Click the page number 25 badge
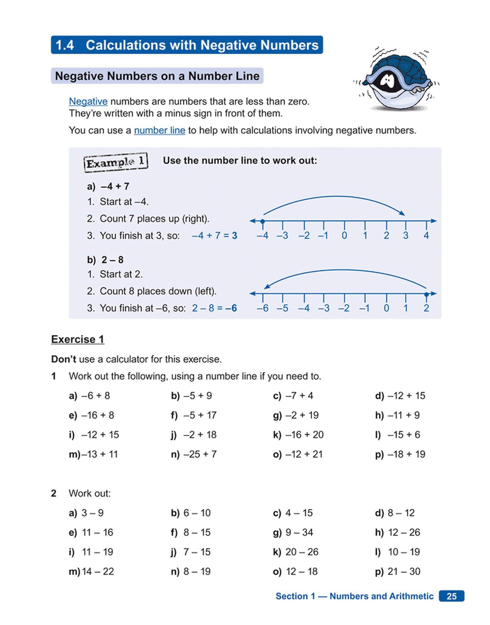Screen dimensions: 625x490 [451, 596]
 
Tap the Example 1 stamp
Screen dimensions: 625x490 [116, 162]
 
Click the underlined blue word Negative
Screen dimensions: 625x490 [88, 102]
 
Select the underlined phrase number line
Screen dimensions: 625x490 [159, 130]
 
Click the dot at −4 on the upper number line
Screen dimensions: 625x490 [262, 221]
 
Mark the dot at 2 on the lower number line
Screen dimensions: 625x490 [426, 294]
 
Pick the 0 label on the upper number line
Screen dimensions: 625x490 [344, 235]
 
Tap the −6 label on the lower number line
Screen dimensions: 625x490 [262, 308]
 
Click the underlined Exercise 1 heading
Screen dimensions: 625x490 [78, 339]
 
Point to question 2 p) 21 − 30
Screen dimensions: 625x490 [398, 571]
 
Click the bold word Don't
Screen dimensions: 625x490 [64, 359]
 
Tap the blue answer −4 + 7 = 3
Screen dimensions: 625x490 [214, 236]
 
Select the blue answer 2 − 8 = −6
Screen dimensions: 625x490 [214, 308]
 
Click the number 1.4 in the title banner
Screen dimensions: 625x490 [65, 45]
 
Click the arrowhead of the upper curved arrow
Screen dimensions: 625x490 [403, 214]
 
